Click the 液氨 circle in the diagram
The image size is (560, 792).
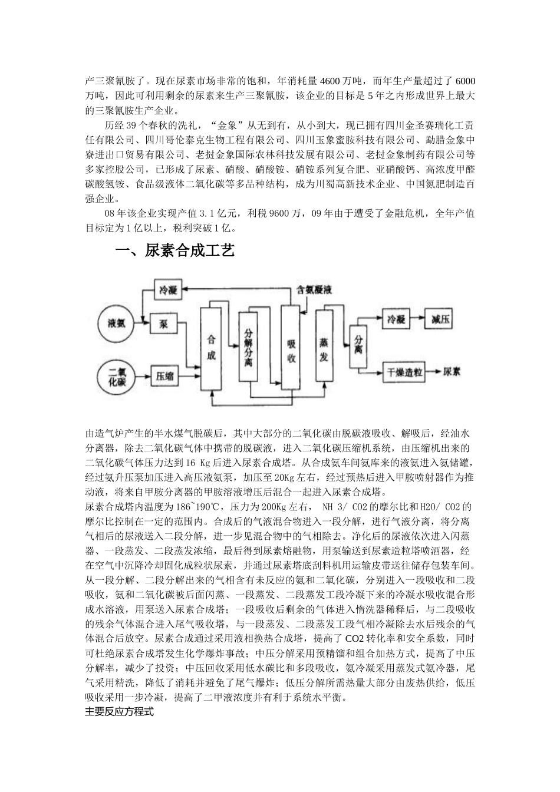point(117,325)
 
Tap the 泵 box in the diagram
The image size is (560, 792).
point(164,325)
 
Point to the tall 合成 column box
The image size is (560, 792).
point(212,348)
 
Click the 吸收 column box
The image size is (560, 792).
point(291,348)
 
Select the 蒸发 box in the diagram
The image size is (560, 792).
point(324,348)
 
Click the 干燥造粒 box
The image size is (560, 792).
point(406,372)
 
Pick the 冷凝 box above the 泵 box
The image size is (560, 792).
point(168,290)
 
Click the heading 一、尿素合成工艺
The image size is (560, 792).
point(175,251)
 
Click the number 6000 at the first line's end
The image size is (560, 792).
point(466,81)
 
